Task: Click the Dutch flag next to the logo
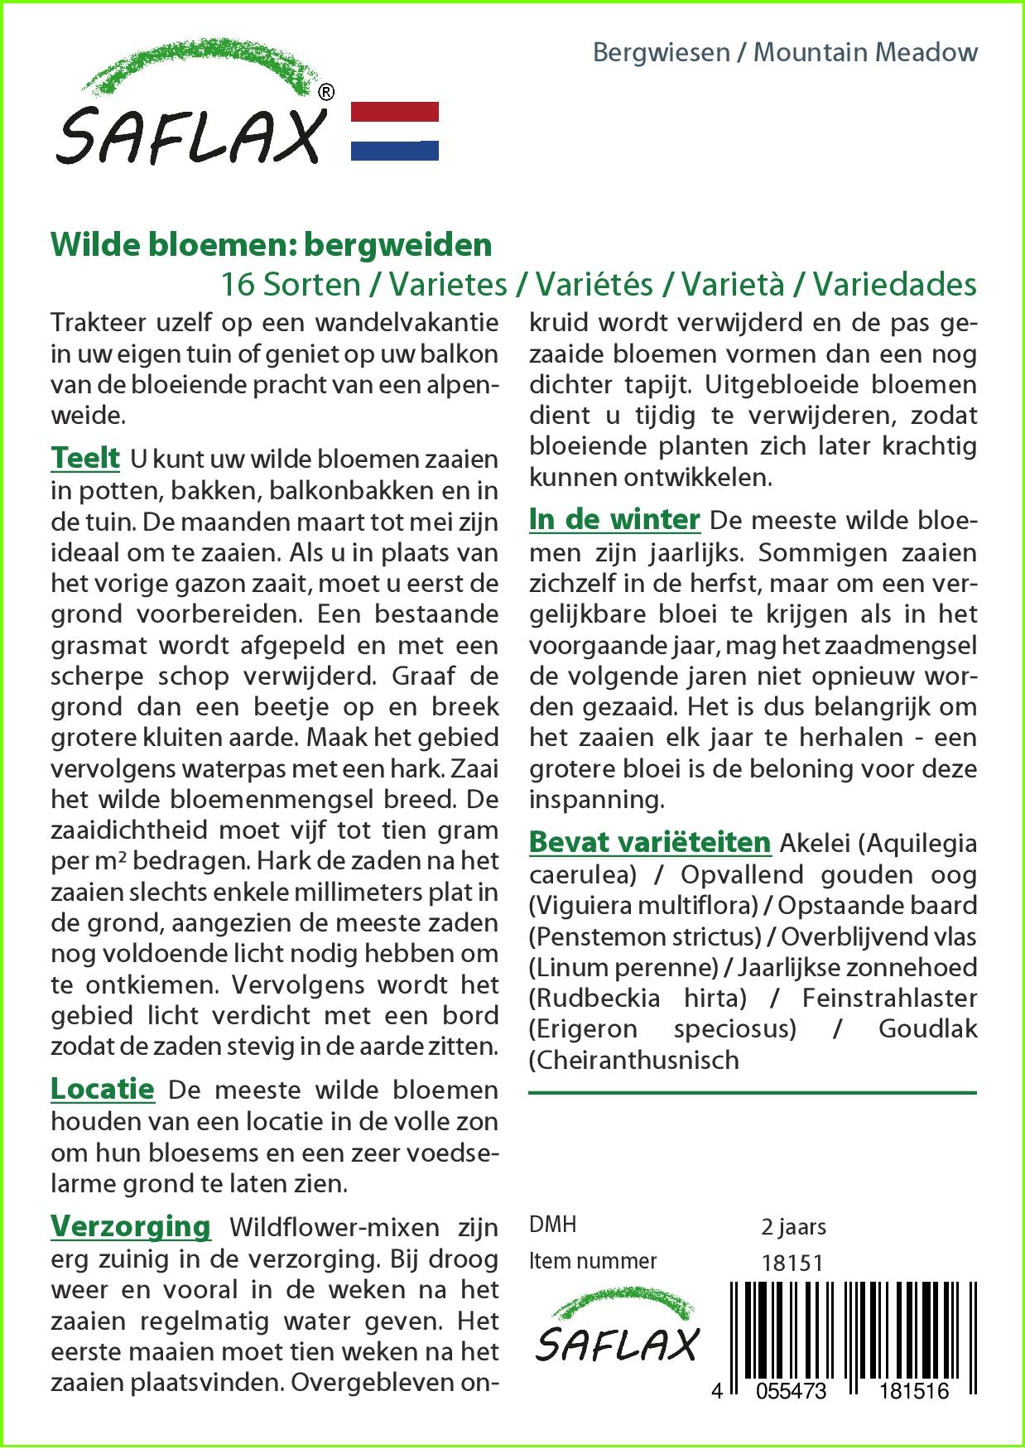[395, 131]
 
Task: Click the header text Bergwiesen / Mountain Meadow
[785, 53]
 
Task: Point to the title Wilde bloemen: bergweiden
[272, 245]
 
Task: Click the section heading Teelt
[85, 457]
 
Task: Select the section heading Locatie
[103, 1088]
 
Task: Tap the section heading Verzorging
[131, 1225]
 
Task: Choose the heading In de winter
[614, 519]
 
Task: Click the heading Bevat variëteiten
[650, 842]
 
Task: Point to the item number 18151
[792, 1263]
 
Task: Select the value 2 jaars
[793, 1226]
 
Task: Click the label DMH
[552, 1225]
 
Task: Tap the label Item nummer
[593, 1261]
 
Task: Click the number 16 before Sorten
[238, 285]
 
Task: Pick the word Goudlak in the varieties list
[927, 1029]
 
